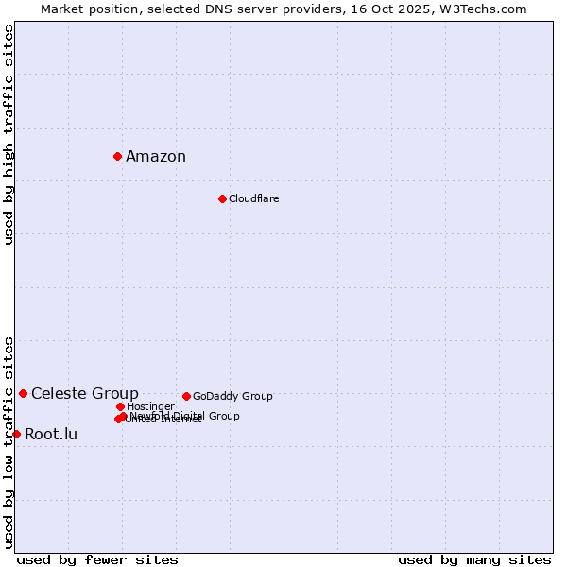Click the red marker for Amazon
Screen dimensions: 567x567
point(117,156)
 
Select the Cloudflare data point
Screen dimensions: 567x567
point(222,198)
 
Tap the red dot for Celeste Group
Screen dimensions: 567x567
point(23,393)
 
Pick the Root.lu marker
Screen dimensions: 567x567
point(16,434)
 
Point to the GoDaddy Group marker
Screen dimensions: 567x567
point(186,396)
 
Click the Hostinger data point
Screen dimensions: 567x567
point(120,406)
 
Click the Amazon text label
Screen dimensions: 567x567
point(156,157)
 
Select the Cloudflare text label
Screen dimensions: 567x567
point(253,199)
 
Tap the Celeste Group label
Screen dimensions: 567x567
point(85,394)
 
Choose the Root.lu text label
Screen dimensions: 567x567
point(51,435)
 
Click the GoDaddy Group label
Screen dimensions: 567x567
point(232,397)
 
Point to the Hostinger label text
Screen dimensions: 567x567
point(150,407)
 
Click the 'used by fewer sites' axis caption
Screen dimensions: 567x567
point(97,560)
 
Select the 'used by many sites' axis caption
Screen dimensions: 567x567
point(474,560)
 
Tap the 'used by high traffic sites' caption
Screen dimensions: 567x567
point(9,135)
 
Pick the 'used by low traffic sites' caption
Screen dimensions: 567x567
point(9,441)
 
